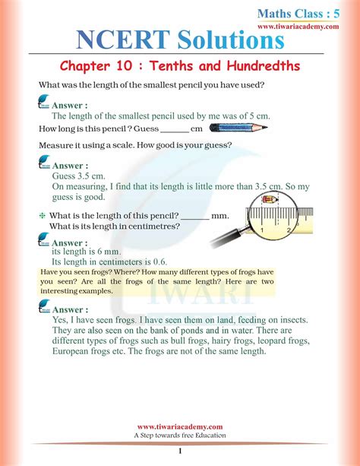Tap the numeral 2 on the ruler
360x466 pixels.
pos(279,227)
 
